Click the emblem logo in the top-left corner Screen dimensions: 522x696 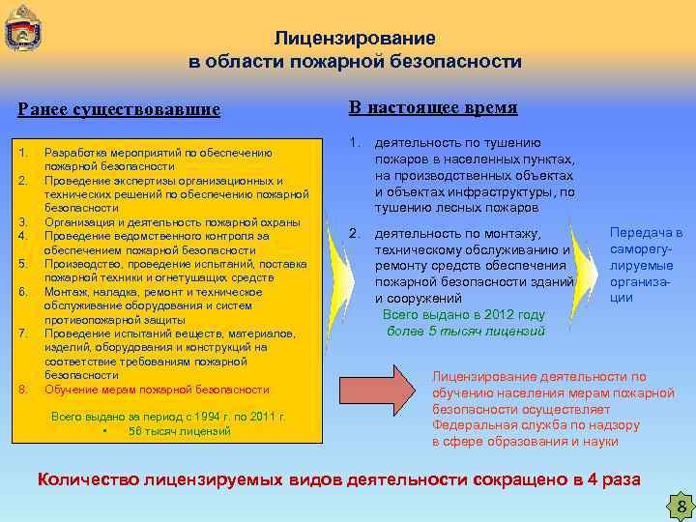coord(21,28)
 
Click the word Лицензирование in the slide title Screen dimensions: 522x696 coord(355,39)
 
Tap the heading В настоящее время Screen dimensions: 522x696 coord(433,107)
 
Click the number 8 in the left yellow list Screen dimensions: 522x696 coord(22,390)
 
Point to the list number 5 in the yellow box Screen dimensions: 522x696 coord(22,264)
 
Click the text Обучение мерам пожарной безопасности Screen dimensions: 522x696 coord(157,390)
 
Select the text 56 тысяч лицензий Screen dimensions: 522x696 coord(179,431)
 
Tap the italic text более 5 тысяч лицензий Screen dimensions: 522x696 coord(465,331)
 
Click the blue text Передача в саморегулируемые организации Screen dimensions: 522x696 coord(646,265)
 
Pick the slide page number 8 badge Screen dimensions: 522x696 coord(681,507)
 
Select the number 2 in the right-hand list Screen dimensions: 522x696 coord(354,233)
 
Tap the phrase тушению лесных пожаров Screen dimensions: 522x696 coord(456,208)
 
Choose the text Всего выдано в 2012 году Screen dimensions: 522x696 coord(464,315)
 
